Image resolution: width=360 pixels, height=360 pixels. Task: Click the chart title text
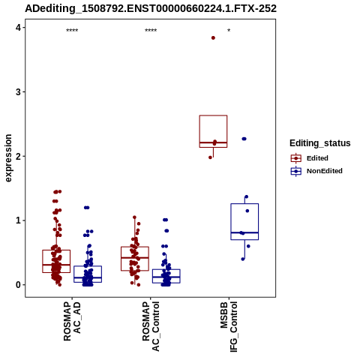(x=151, y=8)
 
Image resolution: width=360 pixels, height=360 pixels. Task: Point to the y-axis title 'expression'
(x=8, y=158)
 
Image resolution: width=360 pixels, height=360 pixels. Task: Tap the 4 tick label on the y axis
(x=18, y=28)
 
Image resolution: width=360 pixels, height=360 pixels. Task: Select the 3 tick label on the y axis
(x=18, y=91)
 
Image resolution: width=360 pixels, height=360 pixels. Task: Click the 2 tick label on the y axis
(x=18, y=156)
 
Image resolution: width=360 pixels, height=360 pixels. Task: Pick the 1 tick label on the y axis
(x=18, y=220)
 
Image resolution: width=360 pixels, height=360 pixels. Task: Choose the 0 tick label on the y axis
(x=18, y=285)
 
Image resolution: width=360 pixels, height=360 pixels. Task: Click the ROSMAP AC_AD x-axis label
(x=72, y=321)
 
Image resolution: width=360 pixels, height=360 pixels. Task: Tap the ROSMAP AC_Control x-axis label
(x=151, y=326)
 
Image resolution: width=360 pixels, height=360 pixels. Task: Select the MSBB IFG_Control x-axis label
(x=229, y=327)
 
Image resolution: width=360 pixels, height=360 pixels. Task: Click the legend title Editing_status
(x=320, y=143)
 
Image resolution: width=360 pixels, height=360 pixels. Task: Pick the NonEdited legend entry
(x=316, y=171)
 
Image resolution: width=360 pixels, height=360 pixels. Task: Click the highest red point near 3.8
(x=213, y=38)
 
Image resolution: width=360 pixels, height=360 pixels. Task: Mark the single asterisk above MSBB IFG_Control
(x=229, y=31)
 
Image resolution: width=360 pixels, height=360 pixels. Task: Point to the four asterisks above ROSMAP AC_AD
(x=72, y=31)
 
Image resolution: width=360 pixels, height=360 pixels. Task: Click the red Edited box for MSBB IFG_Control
(x=213, y=115)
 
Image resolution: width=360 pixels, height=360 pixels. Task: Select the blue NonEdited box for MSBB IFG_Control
(x=244, y=204)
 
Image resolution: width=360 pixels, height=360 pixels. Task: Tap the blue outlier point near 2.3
(x=244, y=139)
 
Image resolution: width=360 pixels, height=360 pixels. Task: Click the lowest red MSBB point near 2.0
(x=210, y=157)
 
